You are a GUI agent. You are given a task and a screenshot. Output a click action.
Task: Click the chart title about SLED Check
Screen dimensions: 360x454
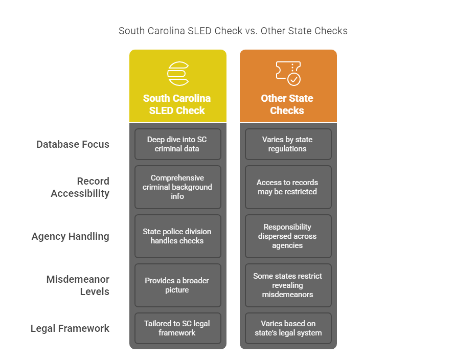pyautogui.click(x=233, y=31)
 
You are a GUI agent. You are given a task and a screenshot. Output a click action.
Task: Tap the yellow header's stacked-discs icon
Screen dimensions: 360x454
pyautogui.click(x=177, y=73)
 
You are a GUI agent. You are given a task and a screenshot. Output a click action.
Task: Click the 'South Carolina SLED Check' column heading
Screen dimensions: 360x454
pyautogui.click(x=177, y=104)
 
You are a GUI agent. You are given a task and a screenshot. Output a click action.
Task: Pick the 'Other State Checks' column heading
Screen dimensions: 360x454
pyautogui.click(x=287, y=104)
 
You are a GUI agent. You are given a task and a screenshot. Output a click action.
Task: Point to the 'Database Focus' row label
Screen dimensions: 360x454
pyautogui.click(x=73, y=144)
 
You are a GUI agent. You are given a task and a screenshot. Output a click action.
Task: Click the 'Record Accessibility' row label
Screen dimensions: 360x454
pyautogui.click(x=80, y=187)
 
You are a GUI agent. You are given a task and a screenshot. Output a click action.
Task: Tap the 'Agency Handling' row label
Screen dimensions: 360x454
pyautogui.click(x=71, y=236)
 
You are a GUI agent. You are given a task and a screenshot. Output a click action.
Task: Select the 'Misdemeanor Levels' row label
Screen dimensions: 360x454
pyautogui.click(x=78, y=285)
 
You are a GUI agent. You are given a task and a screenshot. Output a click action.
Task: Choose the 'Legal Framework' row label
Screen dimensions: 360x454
pyautogui.click(x=70, y=328)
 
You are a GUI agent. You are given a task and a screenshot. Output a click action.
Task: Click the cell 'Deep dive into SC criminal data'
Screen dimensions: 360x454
pyautogui.click(x=177, y=144)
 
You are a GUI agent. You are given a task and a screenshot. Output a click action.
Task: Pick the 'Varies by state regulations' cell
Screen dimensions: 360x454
pyautogui.click(x=288, y=144)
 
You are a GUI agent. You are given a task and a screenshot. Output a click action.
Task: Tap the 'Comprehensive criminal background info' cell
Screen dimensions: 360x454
pyautogui.click(x=177, y=187)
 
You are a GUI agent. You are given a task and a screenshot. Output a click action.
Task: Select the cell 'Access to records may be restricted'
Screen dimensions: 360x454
pyautogui.click(x=288, y=187)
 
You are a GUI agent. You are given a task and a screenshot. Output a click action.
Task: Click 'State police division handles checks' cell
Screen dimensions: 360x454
pyautogui.click(x=177, y=236)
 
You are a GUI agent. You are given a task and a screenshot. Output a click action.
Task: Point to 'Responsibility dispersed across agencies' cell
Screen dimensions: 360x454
pyautogui.click(x=288, y=236)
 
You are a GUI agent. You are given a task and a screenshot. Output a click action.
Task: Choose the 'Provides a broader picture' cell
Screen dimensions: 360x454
pyautogui.click(x=177, y=285)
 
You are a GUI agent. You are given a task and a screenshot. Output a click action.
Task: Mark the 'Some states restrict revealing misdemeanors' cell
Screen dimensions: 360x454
pyautogui.click(x=288, y=285)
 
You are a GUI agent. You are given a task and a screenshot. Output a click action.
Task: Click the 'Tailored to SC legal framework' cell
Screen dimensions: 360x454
pyautogui.click(x=177, y=328)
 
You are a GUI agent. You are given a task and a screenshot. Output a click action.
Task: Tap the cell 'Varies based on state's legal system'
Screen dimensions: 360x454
pyautogui.click(x=288, y=328)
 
